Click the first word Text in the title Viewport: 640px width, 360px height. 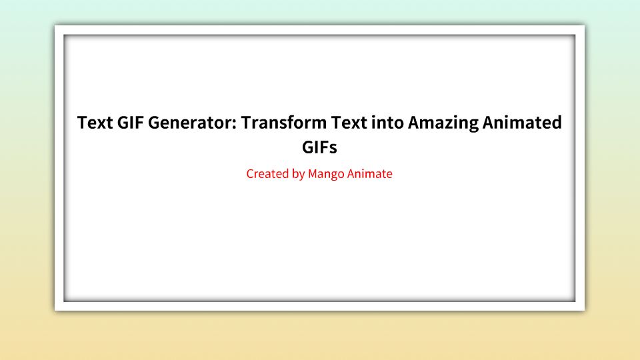click(93, 123)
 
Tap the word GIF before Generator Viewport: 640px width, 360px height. click(128, 123)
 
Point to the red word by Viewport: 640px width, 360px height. click(298, 175)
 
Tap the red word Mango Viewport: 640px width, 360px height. click(326, 175)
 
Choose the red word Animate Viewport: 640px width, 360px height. click(370, 174)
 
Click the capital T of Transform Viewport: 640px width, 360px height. click(246, 123)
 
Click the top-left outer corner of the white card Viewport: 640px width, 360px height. click(55, 25)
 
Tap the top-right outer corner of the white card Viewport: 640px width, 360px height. click(585, 25)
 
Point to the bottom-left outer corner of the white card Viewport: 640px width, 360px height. click(55, 310)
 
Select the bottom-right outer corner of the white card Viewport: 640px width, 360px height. click(585, 310)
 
